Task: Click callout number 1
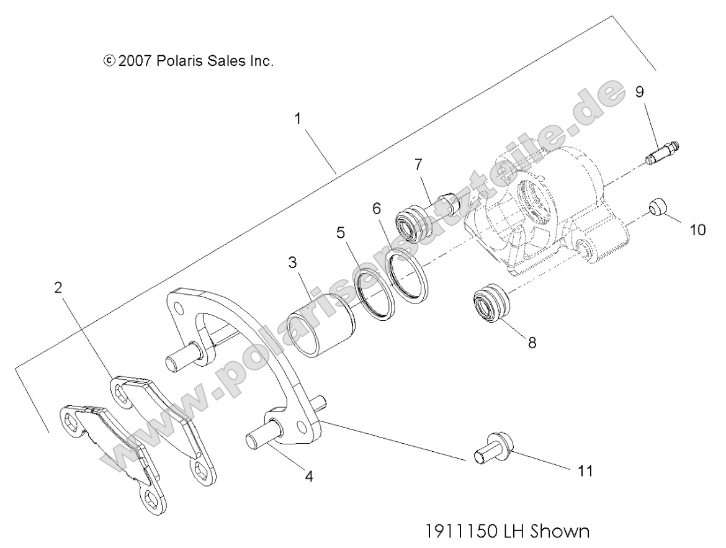pyautogui.click(x=298, y=119)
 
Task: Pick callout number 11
pyautogui.click(x=585, y=471)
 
